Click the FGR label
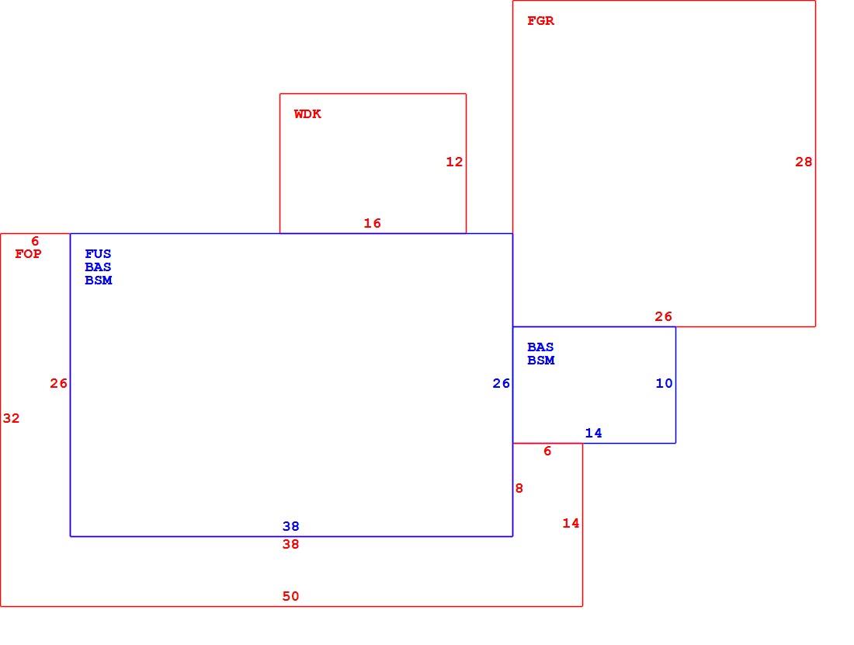click(x=541, y=21)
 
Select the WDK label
click(x=307, y=114)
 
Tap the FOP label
click(x=28, y=253)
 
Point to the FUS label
click(x=98, y=253)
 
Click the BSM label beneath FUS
click(x=99, y=280)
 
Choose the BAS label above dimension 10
click(x=541, y=347)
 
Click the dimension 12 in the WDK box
click(x=454, y=162)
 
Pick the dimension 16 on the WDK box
click(x=373, y=223)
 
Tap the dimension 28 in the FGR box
click(x=804, y=162)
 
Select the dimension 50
click(x=291, y=596)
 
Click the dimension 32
click(x=12, y=418)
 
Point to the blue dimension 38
click(x=291, y=526)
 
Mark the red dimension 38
click(x=291, y=544)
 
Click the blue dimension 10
click(x=664, y=383)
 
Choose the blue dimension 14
click(x=594, y=433)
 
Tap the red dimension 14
click(x=571, y=523)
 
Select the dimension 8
click(x=519, y=488)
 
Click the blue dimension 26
click(x=501, y=383)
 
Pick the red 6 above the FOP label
click(x=36, y=241)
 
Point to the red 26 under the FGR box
click(x=663, y=316)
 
